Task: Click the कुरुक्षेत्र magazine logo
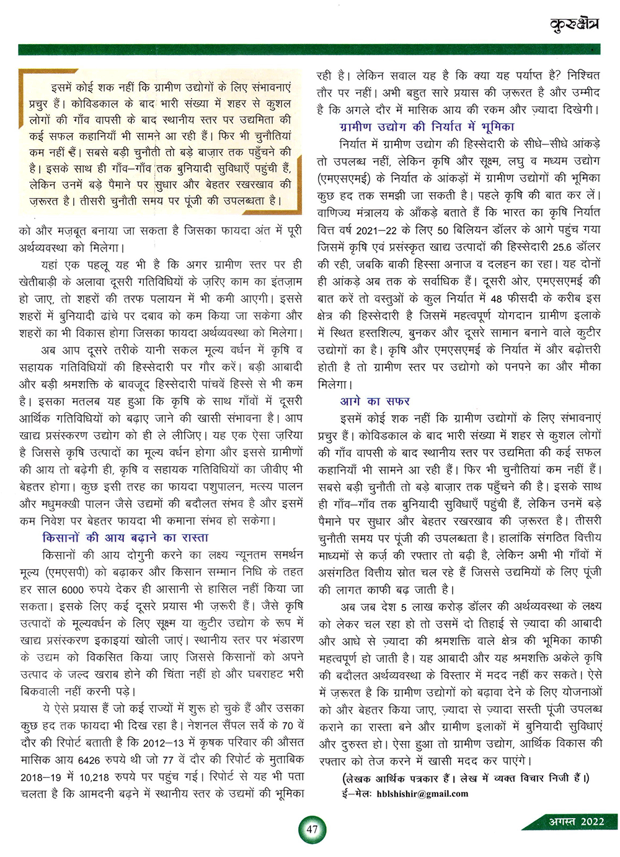[x=575, y=25]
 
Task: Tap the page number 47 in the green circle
[x=312, y=830]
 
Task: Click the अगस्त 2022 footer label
[x=576, y=821]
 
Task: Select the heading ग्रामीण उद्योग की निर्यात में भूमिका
[x=427, y=127]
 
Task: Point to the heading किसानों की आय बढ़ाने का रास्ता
[x=125, y=537]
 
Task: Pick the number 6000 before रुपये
[x=73, y=589]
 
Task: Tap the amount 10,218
[x=92, y=776]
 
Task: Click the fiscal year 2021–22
[x=378, y=230]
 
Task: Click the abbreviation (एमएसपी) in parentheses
[x=69, y=572]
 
